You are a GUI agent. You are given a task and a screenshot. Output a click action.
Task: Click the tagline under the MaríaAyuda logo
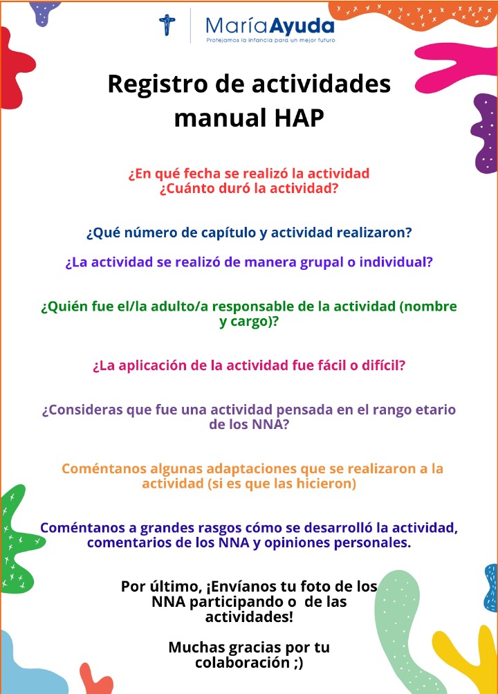pos(270,42)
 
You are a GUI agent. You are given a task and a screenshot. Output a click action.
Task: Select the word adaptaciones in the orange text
pos(221,468)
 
